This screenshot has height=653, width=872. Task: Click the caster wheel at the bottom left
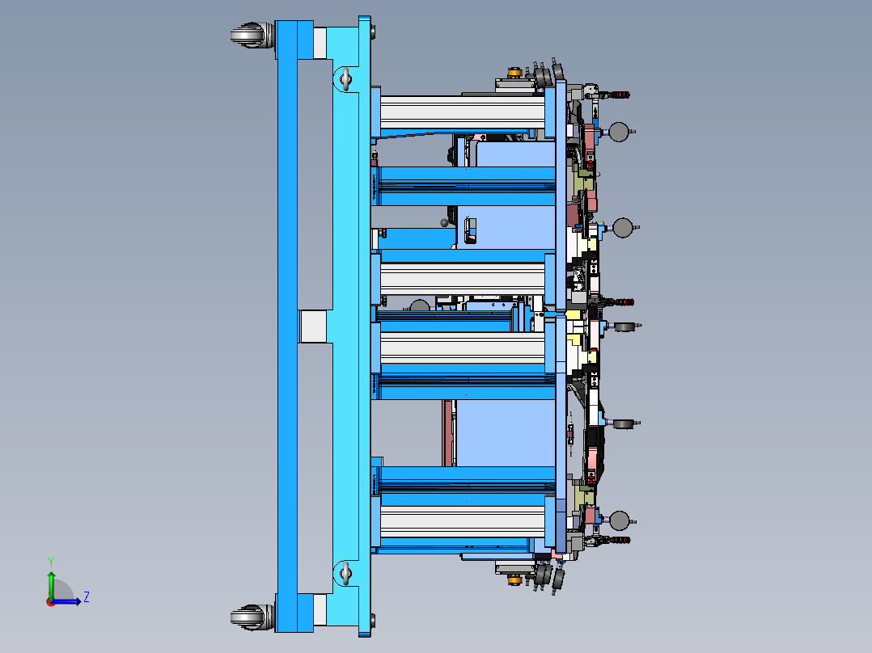click(x=248, y=617)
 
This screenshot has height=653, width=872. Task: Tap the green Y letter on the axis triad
click(x=50, y=561)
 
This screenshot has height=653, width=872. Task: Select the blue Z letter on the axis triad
click(x=86, y=597)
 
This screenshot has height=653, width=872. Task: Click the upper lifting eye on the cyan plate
click(x=345, y=78)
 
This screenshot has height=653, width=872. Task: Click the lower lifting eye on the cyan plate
click(x=345, y=574)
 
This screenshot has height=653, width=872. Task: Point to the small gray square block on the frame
click(x=312, y=326)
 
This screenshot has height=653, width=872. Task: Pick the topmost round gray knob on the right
click(x=620, y=131)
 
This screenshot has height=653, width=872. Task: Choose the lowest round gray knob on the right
click(x=620, y=520)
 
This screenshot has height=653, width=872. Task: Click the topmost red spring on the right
click(x=620, y=95)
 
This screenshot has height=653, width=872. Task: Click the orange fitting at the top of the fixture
click(x=513, y=74)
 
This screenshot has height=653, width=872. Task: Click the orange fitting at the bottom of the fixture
click(x=513, y=578)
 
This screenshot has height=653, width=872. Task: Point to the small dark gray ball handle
click(x=443, y=222)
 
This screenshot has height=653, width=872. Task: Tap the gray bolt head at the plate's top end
click(x=372, y=32)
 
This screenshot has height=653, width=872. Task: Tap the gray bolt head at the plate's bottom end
click(x=372, y=621)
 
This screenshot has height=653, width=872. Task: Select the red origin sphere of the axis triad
click(x=50, y=601)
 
